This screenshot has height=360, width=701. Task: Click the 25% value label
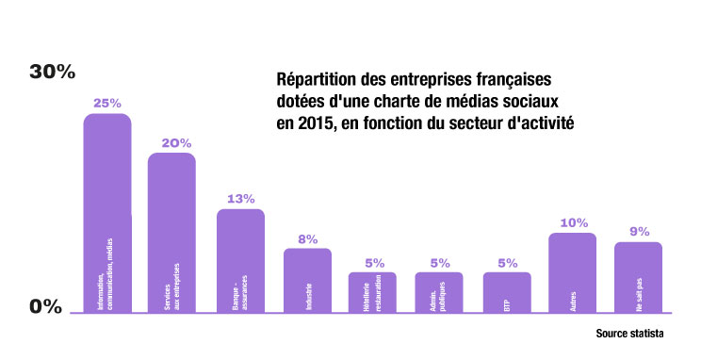coord(106,102)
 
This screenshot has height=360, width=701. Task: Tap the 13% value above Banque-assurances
coord(241,199)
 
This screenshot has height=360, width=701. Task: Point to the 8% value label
coord(308,238)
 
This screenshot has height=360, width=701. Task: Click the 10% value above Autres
coord(572,222)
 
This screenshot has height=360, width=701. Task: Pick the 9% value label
coord(639,232)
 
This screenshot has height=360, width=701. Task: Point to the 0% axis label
coord(45,306)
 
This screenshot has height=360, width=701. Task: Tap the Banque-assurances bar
coord(241,260)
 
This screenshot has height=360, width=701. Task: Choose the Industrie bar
coord(308,280)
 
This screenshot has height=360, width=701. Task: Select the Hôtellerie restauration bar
coord(372,292)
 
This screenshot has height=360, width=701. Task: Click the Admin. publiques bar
coord(439,292)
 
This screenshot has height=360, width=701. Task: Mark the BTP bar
coord(507,292)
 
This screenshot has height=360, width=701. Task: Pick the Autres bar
coord(572,272)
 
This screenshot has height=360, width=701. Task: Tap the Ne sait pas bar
coord(639,277)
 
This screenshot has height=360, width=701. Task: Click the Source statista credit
coord(629,334)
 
